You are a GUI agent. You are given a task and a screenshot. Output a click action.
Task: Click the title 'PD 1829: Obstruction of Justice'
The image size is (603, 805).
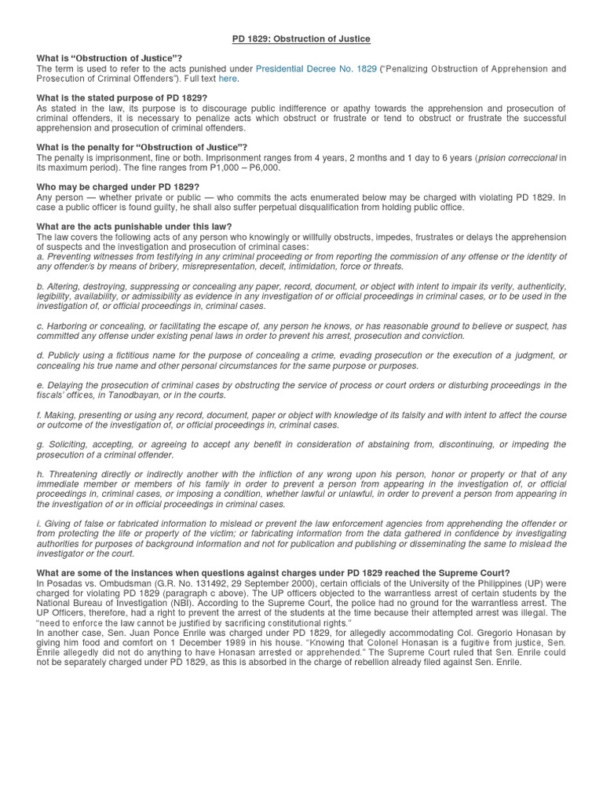point(302,39)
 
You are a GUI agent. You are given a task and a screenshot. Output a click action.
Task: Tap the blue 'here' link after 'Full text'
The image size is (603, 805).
point(228,79)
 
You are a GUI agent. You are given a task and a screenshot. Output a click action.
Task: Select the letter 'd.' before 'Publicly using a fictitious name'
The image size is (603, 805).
point(40,356)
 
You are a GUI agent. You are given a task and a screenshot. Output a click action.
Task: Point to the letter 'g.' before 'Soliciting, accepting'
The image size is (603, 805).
point(40,445)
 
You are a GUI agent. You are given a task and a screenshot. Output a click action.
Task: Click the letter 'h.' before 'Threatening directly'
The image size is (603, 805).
point(40,474)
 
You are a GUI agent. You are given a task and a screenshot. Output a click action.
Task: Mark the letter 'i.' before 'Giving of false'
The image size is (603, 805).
point(39,524)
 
